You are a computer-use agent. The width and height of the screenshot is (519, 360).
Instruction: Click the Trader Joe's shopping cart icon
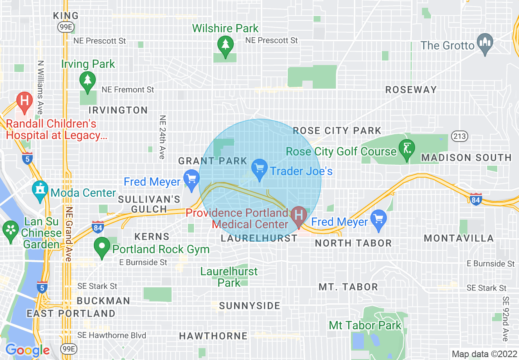[x=259, y=169]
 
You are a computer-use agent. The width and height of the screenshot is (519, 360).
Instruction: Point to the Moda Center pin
[x=40, y=191]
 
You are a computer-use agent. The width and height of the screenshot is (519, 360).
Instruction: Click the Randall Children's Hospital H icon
[x=24, y=101]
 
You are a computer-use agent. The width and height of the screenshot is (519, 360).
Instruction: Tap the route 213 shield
[x=460, y=136]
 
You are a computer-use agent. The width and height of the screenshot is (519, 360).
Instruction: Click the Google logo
[x=27, y=350]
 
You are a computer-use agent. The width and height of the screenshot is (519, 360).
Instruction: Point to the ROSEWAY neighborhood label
[x=411, y=90]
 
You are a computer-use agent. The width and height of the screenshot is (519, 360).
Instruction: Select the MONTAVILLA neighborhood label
[x=458, y=238]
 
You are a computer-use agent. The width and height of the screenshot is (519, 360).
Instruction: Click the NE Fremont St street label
[x=128, y=90]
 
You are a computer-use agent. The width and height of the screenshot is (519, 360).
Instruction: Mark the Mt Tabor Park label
[x=366, y=326]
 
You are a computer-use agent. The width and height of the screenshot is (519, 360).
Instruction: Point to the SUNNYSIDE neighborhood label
[x=250, y=306]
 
